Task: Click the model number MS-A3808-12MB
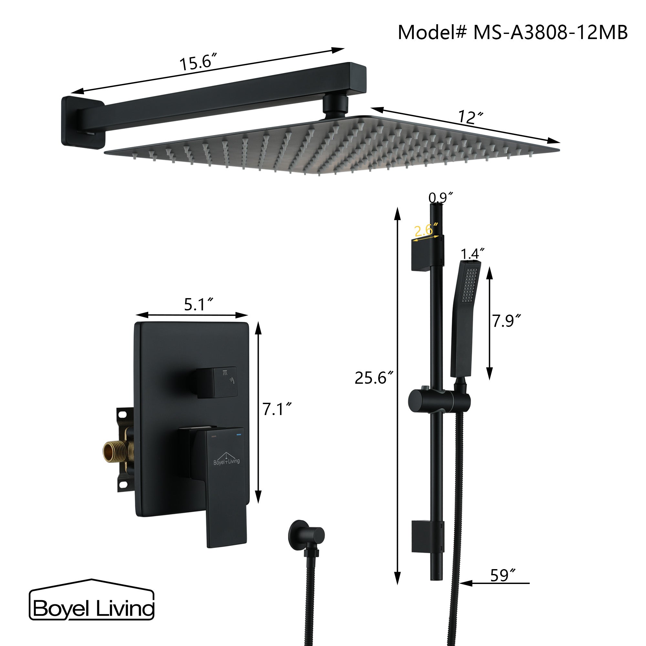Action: pyautogui.click(x=550, y=33)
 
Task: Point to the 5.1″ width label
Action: pyautogui.click(x=199, y=304)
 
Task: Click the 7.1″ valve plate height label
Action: pyautogui.click(x=277, y=409)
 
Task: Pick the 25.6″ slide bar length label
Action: pyautogui.click(x=374, y=378)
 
